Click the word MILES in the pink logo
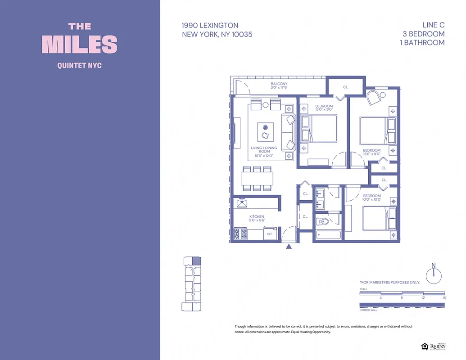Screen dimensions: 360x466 80,44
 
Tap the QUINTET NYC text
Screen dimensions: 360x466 80,66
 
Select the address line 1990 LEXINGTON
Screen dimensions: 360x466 210,26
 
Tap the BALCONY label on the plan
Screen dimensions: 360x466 279,84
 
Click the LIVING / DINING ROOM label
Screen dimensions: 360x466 264,149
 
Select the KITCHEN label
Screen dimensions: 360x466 257,217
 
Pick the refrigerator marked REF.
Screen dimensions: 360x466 270,234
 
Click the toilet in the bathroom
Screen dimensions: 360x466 323,221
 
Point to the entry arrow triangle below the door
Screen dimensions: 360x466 289,246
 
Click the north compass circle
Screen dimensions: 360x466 434,276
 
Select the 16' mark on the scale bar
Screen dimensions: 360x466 444,298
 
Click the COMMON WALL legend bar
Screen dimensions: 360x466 402,305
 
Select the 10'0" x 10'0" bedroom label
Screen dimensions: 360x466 372,198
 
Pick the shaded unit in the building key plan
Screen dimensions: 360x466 196,260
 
